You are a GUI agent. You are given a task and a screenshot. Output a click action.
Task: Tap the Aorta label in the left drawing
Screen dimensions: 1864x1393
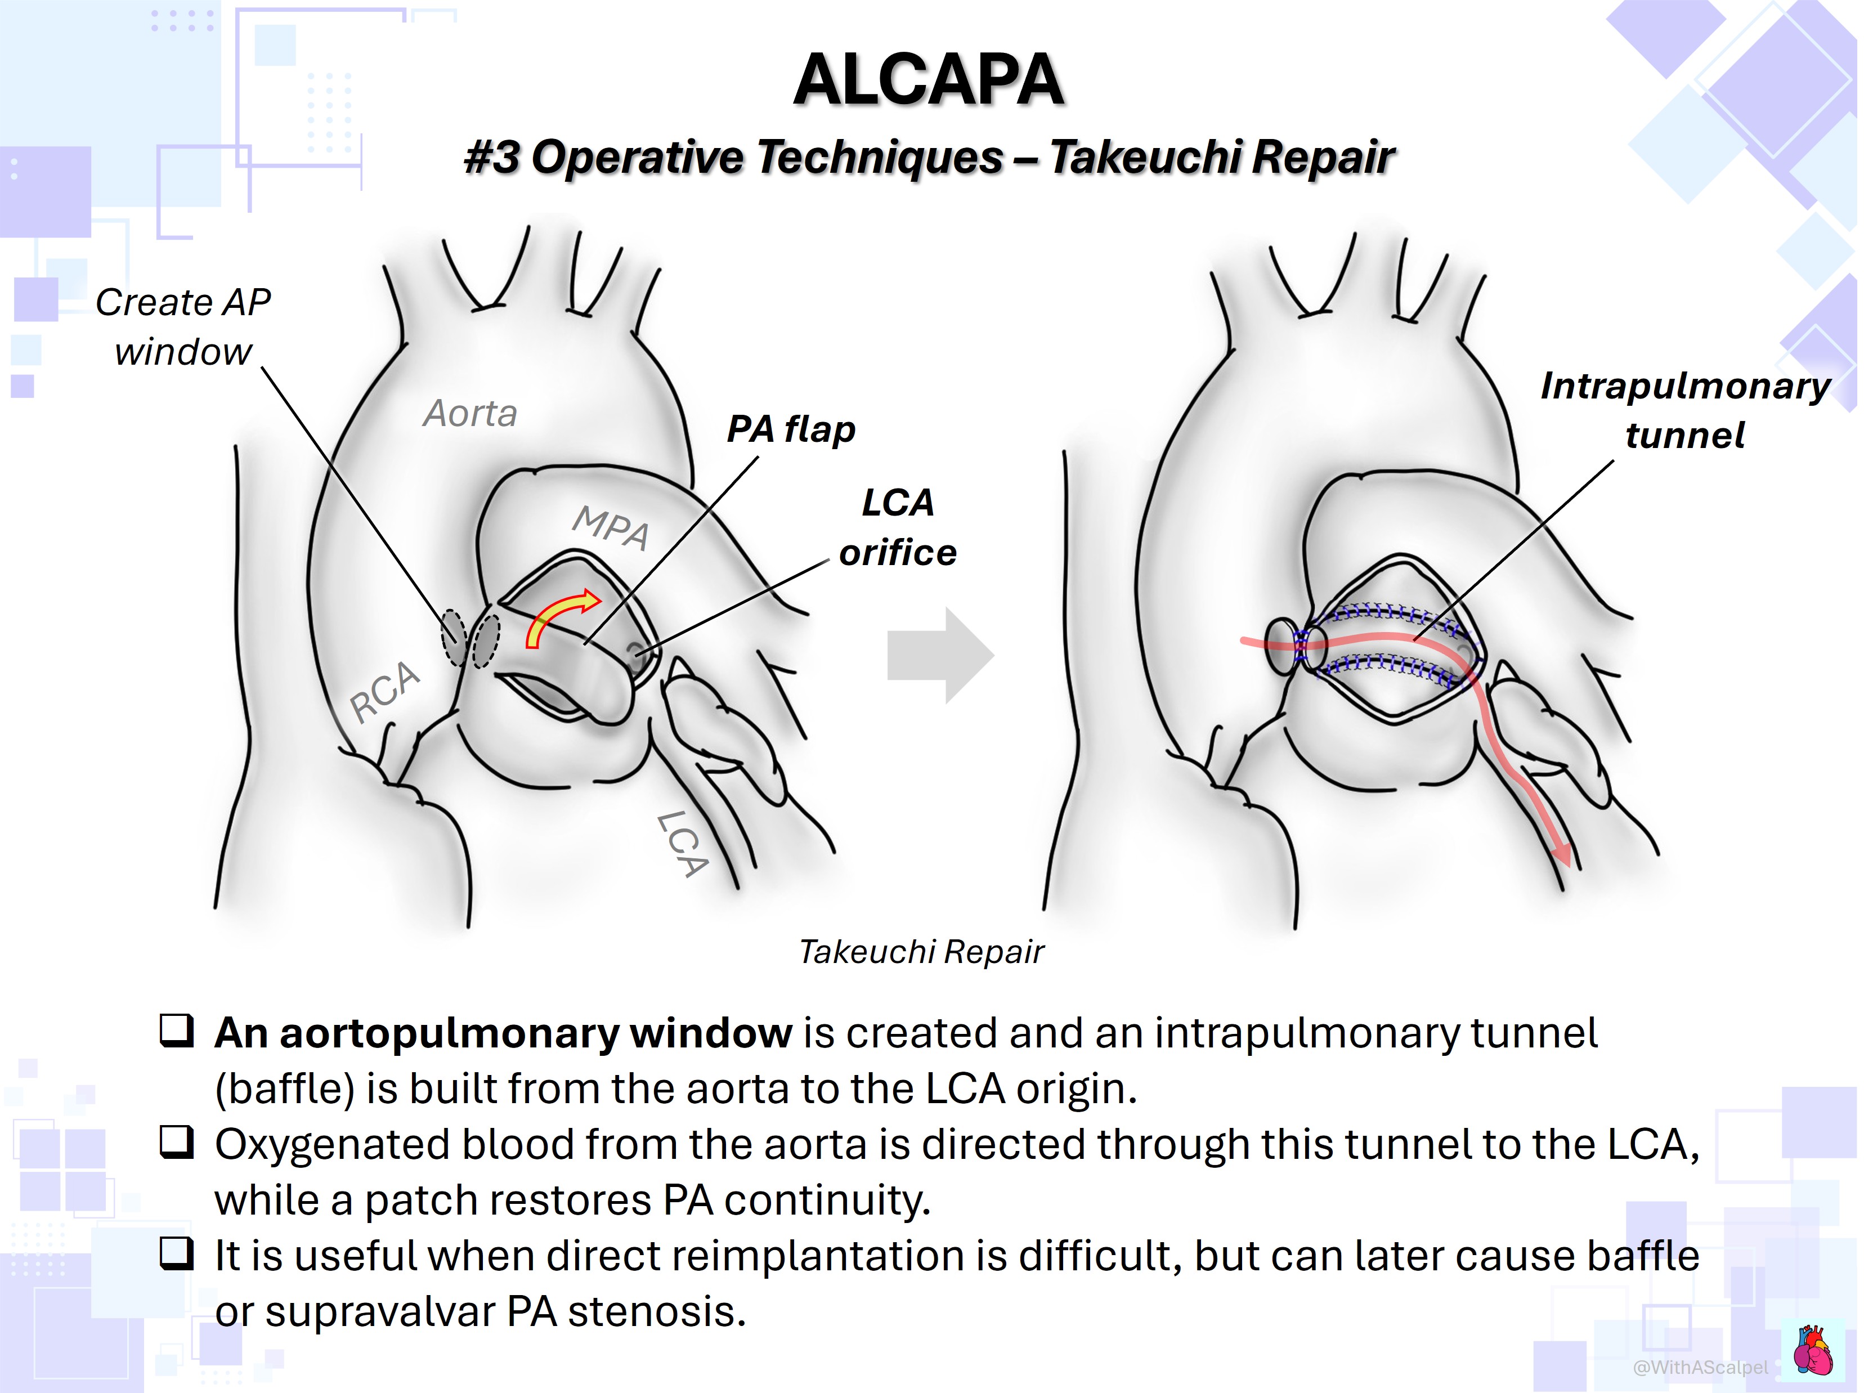tap(470, 414)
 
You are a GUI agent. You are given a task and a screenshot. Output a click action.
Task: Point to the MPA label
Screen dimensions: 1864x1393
tap(611, 527)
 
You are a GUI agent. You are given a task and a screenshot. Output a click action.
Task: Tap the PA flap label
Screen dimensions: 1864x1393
tap(791, 430)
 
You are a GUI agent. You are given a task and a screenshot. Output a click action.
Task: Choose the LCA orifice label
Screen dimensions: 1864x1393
tap(898, 527)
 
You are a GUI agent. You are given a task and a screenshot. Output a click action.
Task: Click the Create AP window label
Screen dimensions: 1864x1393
tap(183, 327)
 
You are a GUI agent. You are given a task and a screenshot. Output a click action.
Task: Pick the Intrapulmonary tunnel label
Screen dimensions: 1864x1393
tap(1686, 410)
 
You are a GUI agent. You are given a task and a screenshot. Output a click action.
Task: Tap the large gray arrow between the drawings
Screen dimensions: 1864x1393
tap(941, 655)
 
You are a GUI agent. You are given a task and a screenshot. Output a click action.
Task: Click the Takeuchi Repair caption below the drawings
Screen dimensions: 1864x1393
tap(921, 951)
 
